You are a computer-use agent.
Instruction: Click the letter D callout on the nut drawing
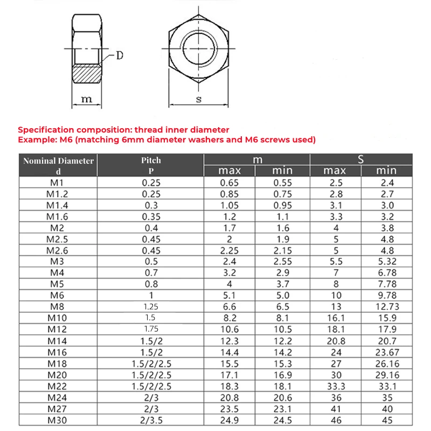tap(120, 55)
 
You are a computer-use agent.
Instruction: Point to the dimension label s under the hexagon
tap(198, 99)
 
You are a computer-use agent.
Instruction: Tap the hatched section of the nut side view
tap(86, 73)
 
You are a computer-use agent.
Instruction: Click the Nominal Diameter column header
tap(58, 161)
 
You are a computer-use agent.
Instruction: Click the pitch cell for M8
tap(151, 307)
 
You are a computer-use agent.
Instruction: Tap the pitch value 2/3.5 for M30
tap(151, 420)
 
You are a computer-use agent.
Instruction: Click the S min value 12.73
tap(387, 307)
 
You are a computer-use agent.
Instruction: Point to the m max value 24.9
tap(230, 420)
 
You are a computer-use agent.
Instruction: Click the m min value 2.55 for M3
tap(282, 261)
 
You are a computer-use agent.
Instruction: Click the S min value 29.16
tap(387, 374)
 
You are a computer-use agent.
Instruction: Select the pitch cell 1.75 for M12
tap(151, 329)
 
